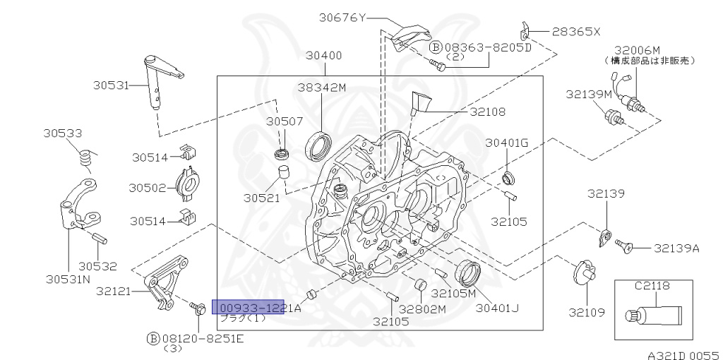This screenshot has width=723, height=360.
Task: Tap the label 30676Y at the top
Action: pyautogui.click(x=342, y=18)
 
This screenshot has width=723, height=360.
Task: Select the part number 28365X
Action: pyautogui.click(x=575, y=32)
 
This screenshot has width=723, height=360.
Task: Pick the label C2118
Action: pyautogui.click(x=651, y=286)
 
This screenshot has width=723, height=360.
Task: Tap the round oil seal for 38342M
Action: pyautogui.click(x=320, y=146)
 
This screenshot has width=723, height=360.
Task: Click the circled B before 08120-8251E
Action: pyautogui.click(x=153, y=339)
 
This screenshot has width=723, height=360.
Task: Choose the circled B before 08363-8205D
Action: pyautogui.click(x=436, y=47)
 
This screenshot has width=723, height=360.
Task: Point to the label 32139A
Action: pyautogui.click(x=676, y=248)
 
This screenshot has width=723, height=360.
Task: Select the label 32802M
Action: pyautogui.click(x=422, y=308)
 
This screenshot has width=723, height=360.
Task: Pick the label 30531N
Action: pyautogui.click(x=68, y=279)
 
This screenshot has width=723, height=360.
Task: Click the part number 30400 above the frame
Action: pyautogui.click(x=324, y=55)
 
